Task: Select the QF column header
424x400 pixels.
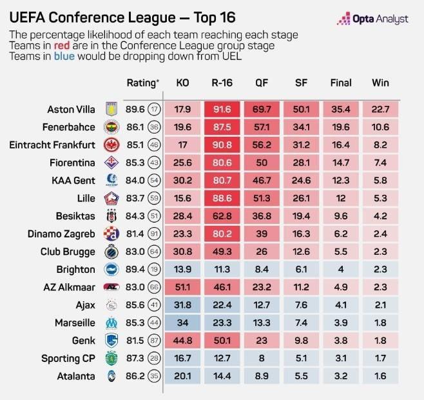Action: pyautogui.click(x=262, y=83)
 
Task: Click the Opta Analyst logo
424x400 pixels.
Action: pyautogui.click(x=372, y=20)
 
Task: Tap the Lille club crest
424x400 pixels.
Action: pyautogui.click(x=108, y=199)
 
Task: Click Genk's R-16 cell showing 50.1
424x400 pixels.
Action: pyautogui.click(x=222, y=341)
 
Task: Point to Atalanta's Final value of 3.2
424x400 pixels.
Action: pyautogui.click(x=340, y=376)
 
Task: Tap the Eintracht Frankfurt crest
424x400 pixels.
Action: pyautogui.click(x=108, y=145)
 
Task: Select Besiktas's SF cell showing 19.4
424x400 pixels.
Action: pyautogui.click(x=301, y=216)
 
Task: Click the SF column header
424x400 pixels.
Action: pyautogui.click(x=301, y=83)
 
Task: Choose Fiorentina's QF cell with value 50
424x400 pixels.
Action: pyautogui.click(x=262, y=163)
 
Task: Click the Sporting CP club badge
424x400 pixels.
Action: pyautogui.click(x=108, y=359)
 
